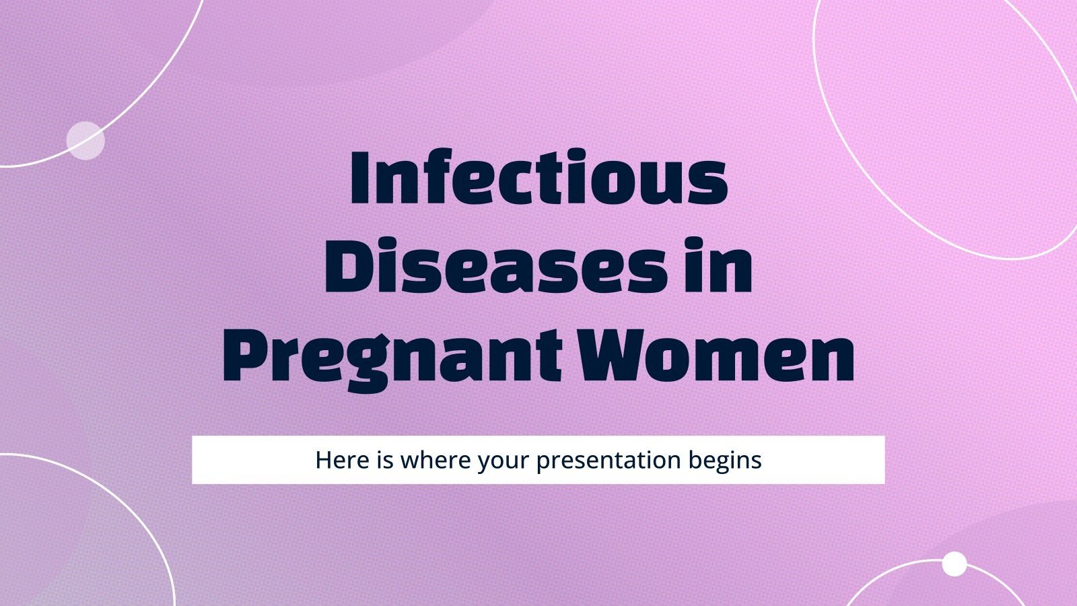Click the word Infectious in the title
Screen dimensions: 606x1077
[538, 178]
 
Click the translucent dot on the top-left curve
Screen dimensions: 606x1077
[85, 141]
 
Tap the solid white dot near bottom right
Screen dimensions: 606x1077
[954, 564]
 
